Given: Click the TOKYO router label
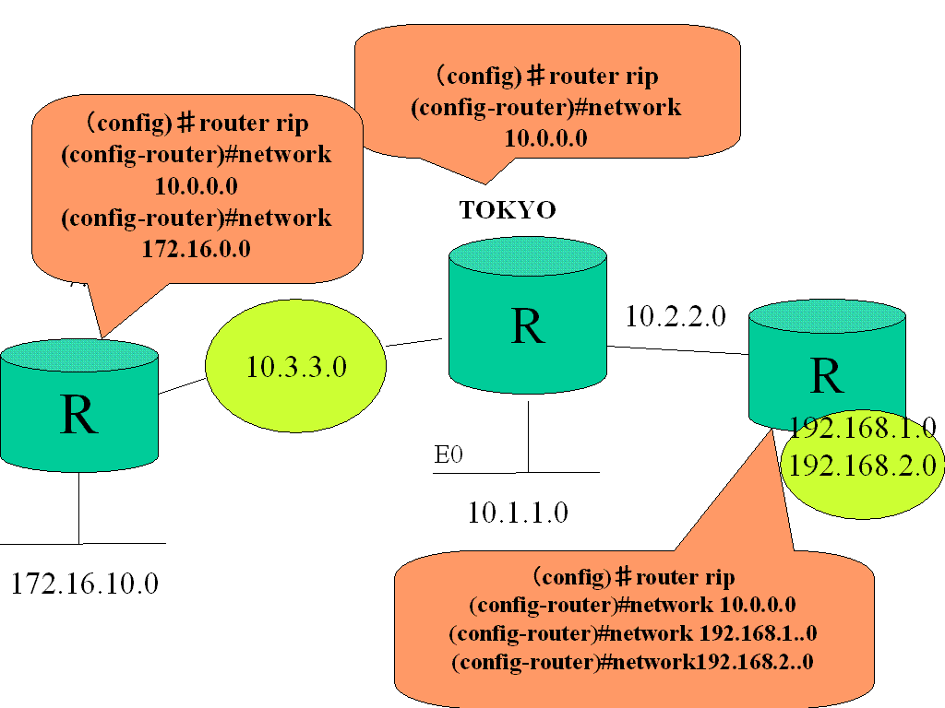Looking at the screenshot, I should pos(508,211).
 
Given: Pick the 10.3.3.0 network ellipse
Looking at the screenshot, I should pos(295,366).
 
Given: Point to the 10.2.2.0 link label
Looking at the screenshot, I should pos(676,317).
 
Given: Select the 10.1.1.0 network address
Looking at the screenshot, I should pos(517,513).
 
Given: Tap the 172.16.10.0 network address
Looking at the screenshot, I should pos(85,583).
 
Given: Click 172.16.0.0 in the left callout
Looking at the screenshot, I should pos(196,249).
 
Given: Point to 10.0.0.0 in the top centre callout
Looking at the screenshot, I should pos(546,138).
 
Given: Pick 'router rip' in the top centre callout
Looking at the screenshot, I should pos(604,77).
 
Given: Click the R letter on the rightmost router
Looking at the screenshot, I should pos(826,376).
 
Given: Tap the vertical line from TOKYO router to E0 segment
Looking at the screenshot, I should pos(528,433).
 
